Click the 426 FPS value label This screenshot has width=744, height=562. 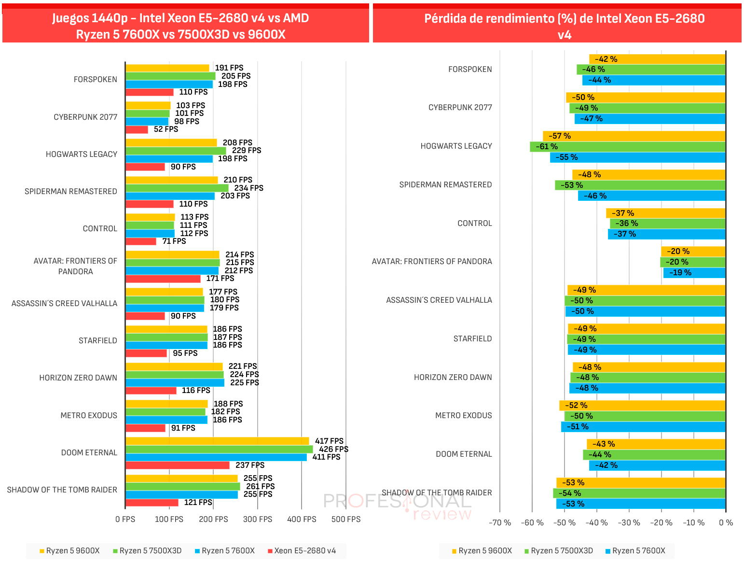[333, 449]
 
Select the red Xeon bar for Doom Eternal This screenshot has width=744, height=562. [178, 465]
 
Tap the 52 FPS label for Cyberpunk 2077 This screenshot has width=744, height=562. [166, 129]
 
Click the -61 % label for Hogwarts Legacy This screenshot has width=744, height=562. [546, 146]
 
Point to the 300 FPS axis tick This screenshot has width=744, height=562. [257, 519]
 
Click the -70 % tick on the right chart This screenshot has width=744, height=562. [499, 523]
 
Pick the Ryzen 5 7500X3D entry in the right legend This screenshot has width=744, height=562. [559, 550]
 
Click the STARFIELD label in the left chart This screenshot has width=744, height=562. [97, 340]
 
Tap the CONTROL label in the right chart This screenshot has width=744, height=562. [475, 223]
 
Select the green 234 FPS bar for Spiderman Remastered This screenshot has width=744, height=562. [177, 188]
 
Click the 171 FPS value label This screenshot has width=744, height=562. [220, 279]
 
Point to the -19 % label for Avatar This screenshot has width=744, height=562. [680, 272]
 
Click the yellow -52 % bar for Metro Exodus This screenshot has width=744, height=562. [642, 405]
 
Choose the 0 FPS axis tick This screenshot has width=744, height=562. [125, 519]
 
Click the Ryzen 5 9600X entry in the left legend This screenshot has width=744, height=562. [69, 550]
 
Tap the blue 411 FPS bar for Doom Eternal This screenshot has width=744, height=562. [216, 457]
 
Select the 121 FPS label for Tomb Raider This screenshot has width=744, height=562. [198, 502]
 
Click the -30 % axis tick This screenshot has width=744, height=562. [629, 523]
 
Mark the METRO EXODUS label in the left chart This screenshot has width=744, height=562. [89, 416]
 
